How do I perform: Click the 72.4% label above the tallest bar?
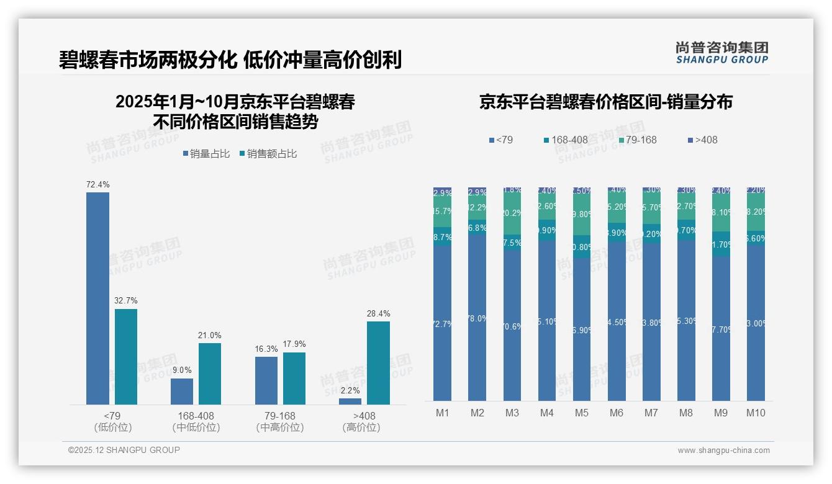pos(97,184)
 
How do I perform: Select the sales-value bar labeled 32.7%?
pos(126,357)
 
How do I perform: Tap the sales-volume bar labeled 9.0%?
pos(182,392)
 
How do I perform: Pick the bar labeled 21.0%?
pos(210,374)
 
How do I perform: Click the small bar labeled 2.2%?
pos(350,401)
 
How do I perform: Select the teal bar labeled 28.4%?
pos(378,363)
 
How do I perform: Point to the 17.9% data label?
pos(294,344)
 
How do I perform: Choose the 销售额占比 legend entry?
pos(268,154)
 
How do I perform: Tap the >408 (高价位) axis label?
pos(361,421)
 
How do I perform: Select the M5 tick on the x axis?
pos(581,413)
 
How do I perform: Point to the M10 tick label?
pos(755,413)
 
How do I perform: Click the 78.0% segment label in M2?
pos(477,318)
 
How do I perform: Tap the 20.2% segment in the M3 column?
pos(512,213)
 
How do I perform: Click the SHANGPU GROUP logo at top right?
pos(721,53)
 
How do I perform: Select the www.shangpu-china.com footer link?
pos(723,450)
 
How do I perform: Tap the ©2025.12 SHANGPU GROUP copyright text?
pos(124,450)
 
